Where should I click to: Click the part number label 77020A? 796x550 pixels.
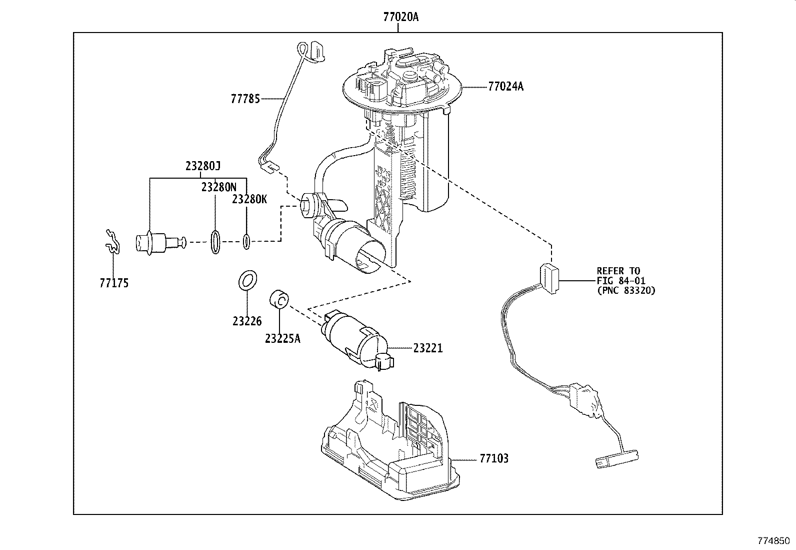point(400,17)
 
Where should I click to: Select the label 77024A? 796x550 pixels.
point(505,87)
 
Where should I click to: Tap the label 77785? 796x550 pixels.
point(245,99)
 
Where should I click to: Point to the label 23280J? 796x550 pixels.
point(202,166)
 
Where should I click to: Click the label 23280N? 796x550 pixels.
point(218,187)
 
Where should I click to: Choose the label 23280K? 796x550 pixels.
point(249,199)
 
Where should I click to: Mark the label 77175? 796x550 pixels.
point(113,283)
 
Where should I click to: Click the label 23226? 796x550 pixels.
point(246,321)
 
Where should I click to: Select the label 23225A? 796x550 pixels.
point(282,338)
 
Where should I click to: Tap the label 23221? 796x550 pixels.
point(427,348)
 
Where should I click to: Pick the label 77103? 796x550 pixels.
point(493,458)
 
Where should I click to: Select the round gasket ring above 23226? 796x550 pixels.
point(246,280)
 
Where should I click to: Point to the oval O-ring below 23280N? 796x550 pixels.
point(215,242)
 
